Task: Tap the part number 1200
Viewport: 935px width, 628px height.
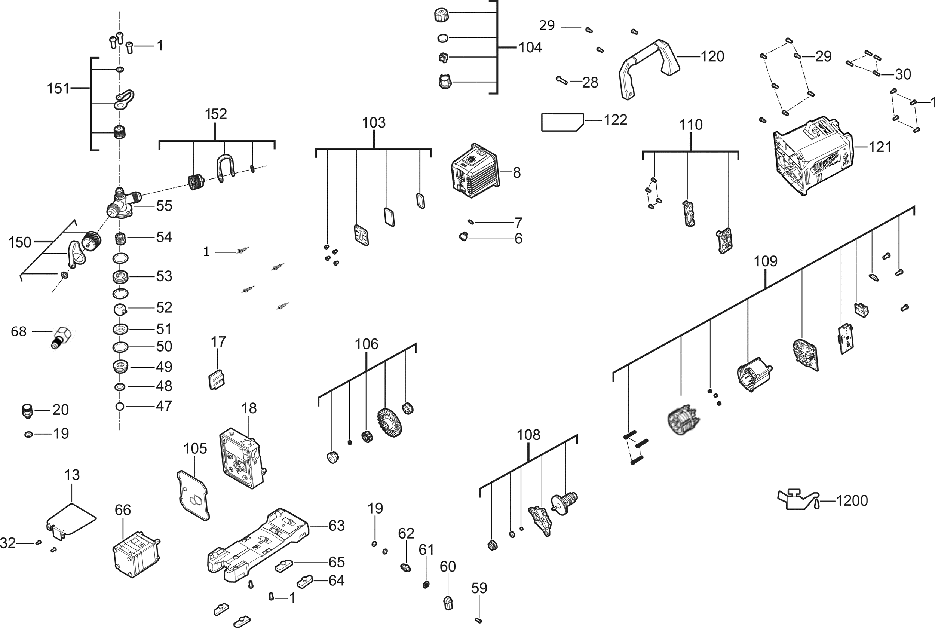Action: [x=852, y=500]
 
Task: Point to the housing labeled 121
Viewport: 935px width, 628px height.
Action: [x=813, y=156]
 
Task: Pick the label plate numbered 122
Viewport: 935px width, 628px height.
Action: [x=562, y=122]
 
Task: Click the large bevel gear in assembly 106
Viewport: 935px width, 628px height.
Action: [x=389, y=423]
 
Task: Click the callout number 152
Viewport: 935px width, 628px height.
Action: [x=216, y=114]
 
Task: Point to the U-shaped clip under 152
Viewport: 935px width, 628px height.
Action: [x=225, y=168]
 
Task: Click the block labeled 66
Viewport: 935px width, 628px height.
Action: [x=136, y=554]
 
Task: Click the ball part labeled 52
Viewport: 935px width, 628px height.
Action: [x=120, y=309]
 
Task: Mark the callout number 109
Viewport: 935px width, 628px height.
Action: [x=766, y=261]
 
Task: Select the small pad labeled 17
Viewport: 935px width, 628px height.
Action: [x=216, y=380]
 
